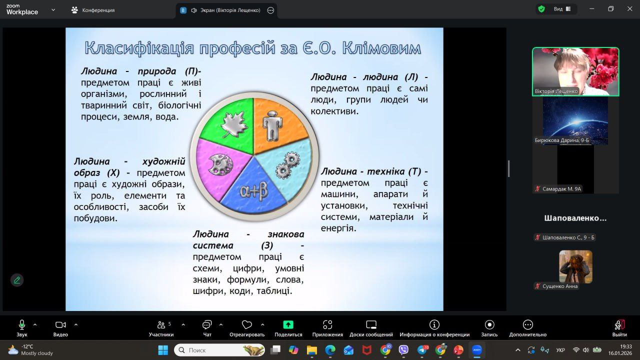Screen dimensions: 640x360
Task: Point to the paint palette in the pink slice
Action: point(220,164)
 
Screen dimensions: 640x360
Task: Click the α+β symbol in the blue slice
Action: point(253,191)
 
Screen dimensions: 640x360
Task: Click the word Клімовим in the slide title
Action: point(381,48)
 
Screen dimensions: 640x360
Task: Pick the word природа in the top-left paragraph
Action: point(157,71)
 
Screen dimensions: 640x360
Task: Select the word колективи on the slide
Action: point(334,111)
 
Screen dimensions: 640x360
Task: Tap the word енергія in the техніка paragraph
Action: point(338,228)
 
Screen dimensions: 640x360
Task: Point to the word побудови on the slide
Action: point(95,218)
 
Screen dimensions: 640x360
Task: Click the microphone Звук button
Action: point(21,328)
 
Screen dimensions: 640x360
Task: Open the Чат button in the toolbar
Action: point(207,328)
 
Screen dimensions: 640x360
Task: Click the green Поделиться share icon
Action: point(288,324)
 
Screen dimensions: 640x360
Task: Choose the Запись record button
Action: point(489,328)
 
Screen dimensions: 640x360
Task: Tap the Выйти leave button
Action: point(619,328)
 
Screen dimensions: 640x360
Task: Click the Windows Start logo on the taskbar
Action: point(163,350)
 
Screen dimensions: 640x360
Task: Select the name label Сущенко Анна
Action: point(559,286)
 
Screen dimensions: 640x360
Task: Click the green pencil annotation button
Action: point(17,280)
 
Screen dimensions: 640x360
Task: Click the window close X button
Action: point(629,9)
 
